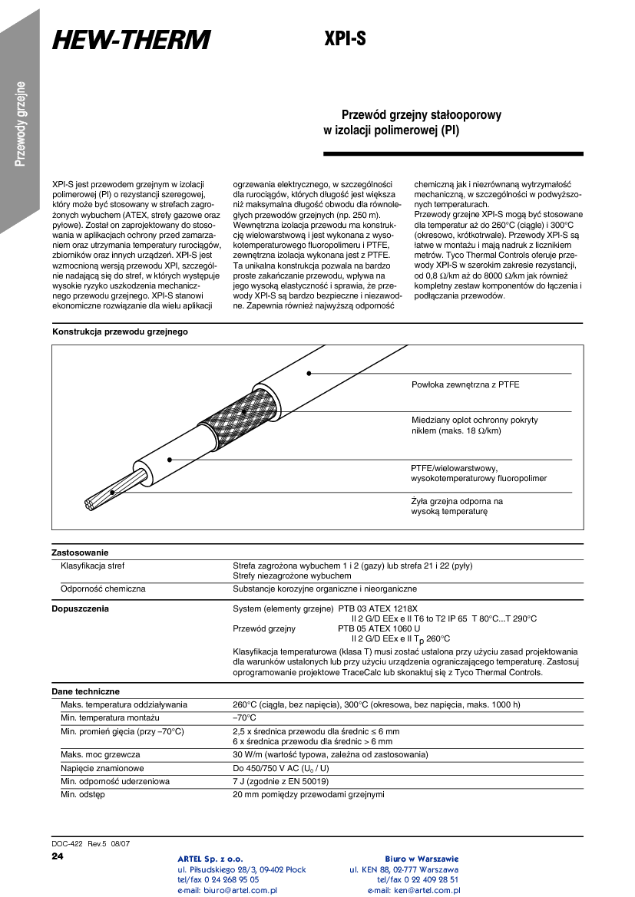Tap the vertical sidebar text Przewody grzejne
[21, 123]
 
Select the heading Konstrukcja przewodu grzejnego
[120, 332]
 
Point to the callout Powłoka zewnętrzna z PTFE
[465, 384]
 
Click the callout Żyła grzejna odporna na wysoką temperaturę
[457, 506]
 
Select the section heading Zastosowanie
[80, 552]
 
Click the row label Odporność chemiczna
[103, 589]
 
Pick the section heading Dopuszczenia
[80, 608]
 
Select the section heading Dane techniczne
[85, 691]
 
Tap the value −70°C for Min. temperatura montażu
[245, 717]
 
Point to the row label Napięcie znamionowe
[102, 768]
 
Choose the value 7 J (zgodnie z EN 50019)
[280, 781]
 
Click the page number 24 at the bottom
[57, 856]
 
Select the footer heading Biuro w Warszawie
[422, 858]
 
